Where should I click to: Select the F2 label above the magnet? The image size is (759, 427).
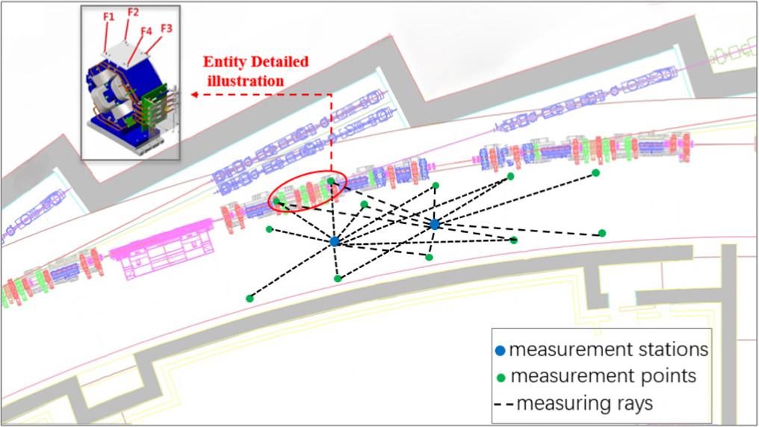[134, 13]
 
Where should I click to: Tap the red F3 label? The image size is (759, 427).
[167, 28]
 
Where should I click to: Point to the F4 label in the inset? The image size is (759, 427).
[146, 31]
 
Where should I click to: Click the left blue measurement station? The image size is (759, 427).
[335, 241]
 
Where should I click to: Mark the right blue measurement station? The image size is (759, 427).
[434, 224]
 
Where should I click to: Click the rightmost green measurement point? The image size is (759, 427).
[601, 233]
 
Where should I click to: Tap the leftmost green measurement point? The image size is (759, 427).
[249, 299]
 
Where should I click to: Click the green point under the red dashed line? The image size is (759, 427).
[330, 181]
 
